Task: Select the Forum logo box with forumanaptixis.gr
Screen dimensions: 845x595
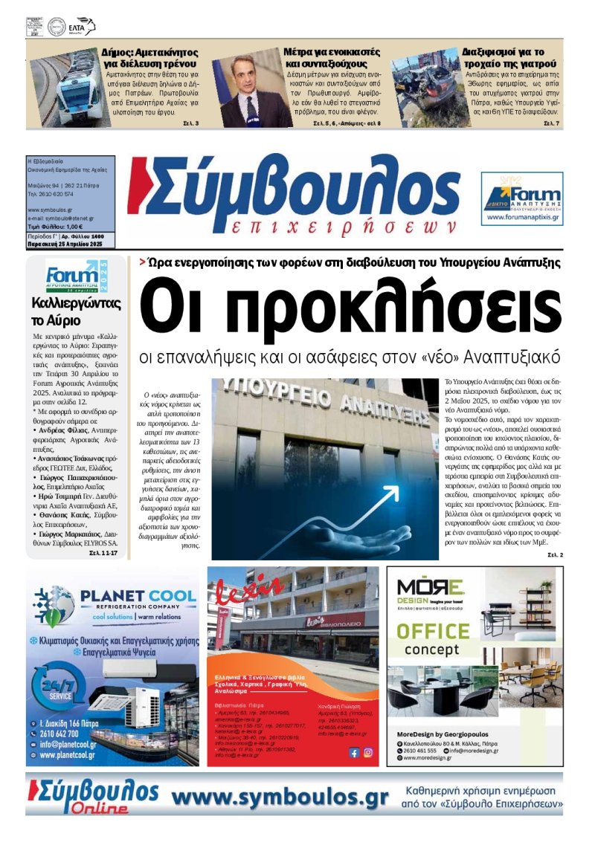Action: tap(521, 198)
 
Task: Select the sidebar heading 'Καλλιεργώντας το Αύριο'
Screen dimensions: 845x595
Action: tap(77, 312)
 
